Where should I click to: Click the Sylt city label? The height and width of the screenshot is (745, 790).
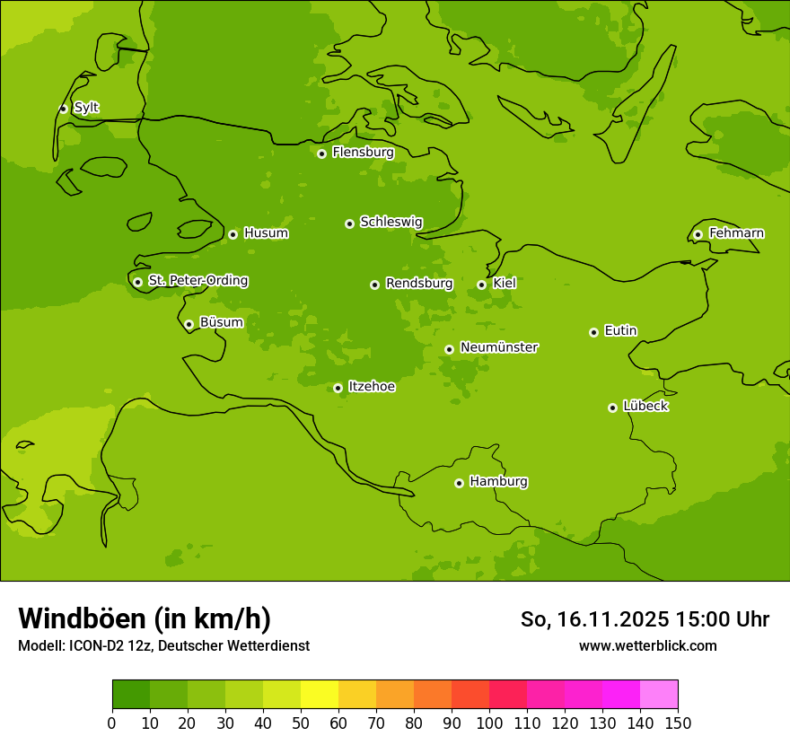pyautogui.click(x=86, y=108)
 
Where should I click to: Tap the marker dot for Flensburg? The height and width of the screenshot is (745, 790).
pyautogui.click(x=321, y=153)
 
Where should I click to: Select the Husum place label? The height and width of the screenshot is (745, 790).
pyautogui.click(x=266, y=233)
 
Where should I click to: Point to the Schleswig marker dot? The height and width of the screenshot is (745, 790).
pyautogui.click(x=349, y=223)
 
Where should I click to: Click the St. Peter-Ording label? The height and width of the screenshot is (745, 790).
pyautogui.click(x=197, y=281)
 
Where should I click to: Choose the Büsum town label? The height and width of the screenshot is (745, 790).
pyautogui.click(x=221, y=322)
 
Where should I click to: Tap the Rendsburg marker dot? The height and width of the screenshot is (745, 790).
pyautogui.click(x=374, y=285)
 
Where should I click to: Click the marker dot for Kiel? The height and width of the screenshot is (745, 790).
pyautogui.click(x=481, y=285)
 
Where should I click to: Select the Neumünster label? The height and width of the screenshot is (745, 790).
pyautogui.click(x=498, y=347)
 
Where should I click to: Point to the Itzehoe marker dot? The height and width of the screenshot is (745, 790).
pyautogui.click(x=338, y=388)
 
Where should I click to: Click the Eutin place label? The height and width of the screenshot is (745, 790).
pyautogui.click(x=620, y=331)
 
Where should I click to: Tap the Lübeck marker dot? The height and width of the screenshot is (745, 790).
pyautogui.click(x=612, y=408)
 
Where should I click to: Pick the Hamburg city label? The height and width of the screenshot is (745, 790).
pyautogui.click(x=498, y=482)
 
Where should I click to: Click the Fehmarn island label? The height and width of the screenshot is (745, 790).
pyautogui.click(x=736, y=233)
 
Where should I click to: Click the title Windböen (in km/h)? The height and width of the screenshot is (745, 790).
pyautogui.click(x=145, y=618)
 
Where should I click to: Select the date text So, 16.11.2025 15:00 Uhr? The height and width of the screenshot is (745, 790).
pyautogui.click(x=645, y=619)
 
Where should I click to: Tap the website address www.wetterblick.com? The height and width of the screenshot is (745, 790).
pyautogui.click(x=647, y=645)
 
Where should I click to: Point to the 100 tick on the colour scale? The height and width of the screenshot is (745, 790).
pyautogui.click(x=489, y=723)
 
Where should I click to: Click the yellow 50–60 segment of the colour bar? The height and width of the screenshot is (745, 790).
pyautogui.click(x=320, y=695)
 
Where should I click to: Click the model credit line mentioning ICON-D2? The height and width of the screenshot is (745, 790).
pyautogui.click(x=163, y=646)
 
